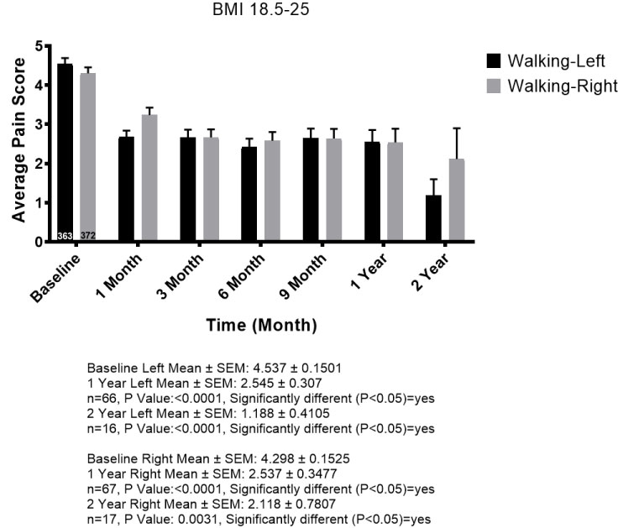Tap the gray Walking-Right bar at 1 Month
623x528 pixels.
click(149, 179)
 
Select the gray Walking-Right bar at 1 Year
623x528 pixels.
click(395, 192)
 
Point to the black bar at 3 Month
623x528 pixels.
click(187, 190)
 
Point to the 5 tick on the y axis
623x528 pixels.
click(38, 46)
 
